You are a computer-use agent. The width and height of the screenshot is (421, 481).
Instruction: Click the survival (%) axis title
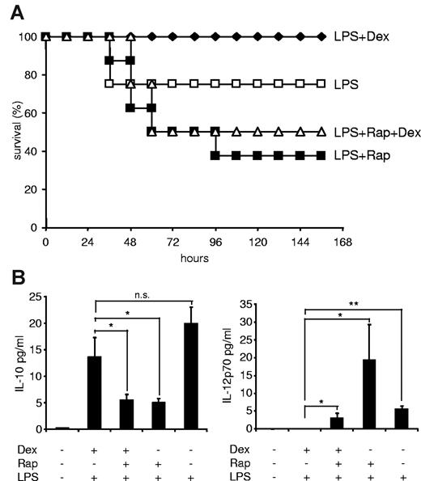pos(10,133)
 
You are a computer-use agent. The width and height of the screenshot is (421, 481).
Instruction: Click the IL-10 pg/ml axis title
pos(10,361)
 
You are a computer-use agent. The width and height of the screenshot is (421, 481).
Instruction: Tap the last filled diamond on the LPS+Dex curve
pos(321,37)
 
